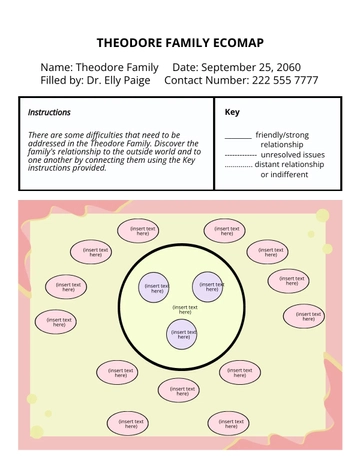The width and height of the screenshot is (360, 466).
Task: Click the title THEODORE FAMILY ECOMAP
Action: click(180, 43)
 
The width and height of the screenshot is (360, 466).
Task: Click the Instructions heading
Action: click(49, 113)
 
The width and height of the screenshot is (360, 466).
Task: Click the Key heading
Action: click(232, 113)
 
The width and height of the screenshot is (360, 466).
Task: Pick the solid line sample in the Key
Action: click(237, 136)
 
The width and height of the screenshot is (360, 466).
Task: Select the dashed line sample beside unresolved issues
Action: click(240, 156)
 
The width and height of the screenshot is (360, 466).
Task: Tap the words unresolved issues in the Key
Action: click(292, 155)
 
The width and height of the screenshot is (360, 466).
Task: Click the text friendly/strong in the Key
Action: click(283, 134)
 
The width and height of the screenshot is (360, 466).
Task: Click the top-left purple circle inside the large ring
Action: click(155, 287)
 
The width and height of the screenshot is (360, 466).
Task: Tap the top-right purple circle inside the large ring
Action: click(208, 287)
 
